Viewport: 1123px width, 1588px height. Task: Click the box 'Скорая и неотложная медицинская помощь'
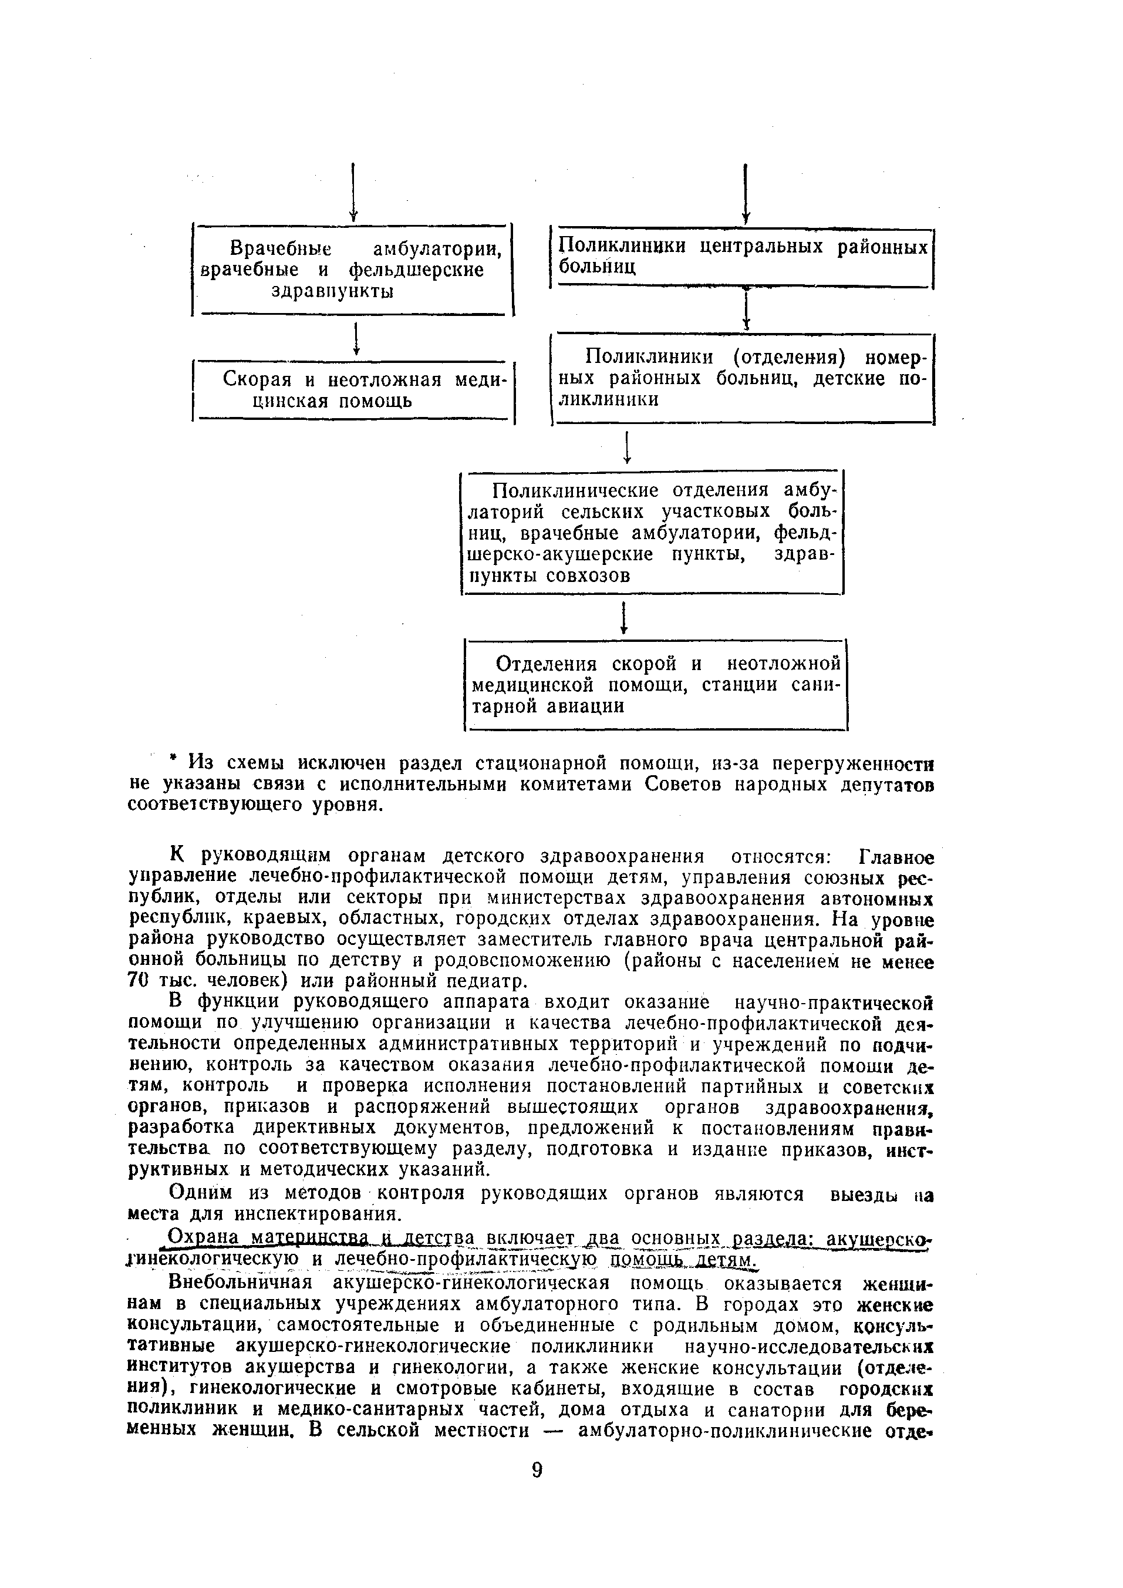[353, 391]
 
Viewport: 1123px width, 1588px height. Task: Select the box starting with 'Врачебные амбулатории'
[353, 270]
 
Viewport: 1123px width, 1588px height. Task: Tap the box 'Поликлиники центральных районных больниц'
[742, 257]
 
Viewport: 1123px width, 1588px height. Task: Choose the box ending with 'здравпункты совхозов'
[653, 533]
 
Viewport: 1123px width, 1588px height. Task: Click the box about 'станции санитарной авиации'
[656, 685]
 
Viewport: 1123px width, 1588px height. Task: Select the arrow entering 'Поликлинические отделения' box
[626, 448]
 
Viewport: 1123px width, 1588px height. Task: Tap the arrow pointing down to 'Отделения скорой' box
[624, 618]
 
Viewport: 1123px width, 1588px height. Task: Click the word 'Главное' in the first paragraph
[896, 857]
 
